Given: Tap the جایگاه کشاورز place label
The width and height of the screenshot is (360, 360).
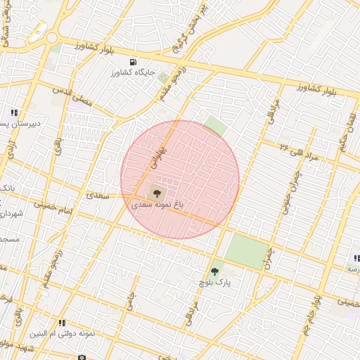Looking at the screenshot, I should click(x=137, y=72).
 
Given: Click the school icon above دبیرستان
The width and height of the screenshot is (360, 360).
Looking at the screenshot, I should click(x=13, y=112).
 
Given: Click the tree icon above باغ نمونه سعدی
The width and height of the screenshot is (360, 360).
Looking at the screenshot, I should click(x=156, y=193).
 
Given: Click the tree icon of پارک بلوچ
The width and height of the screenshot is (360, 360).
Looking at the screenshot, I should click(x=214, y=271).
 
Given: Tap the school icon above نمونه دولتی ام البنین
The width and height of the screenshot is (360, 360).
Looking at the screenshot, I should click(x=62, y=323).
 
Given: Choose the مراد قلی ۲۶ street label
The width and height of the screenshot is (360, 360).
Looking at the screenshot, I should click(x=298, y=150).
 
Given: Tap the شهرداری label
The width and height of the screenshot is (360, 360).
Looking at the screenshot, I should click(x=10, y=213).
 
